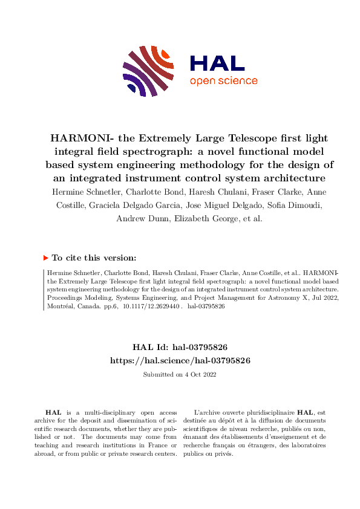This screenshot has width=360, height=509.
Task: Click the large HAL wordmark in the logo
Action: (217, 63)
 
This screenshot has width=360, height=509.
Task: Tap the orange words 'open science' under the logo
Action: (223, 81)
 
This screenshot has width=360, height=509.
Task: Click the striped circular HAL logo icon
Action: (145, 71)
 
